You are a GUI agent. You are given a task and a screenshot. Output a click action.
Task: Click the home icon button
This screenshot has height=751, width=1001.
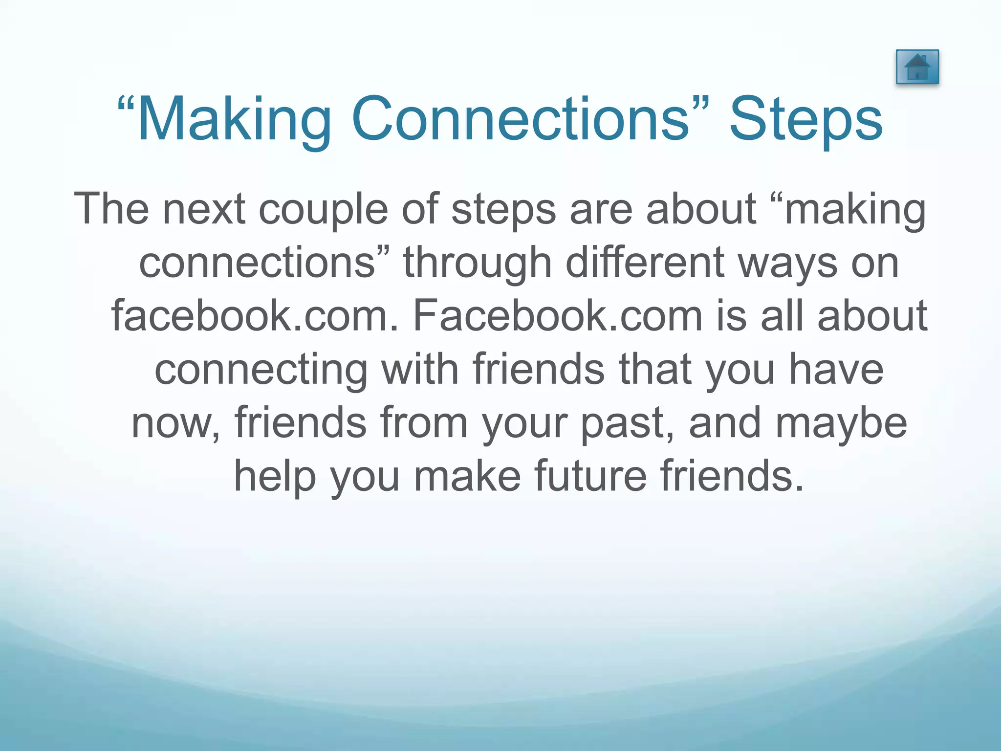917,67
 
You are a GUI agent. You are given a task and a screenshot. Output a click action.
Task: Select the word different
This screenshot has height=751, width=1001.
645,263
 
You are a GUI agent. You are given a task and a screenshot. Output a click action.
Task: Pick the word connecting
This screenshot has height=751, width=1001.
261,371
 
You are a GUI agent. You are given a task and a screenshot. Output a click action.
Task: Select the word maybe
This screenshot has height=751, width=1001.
841,423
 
